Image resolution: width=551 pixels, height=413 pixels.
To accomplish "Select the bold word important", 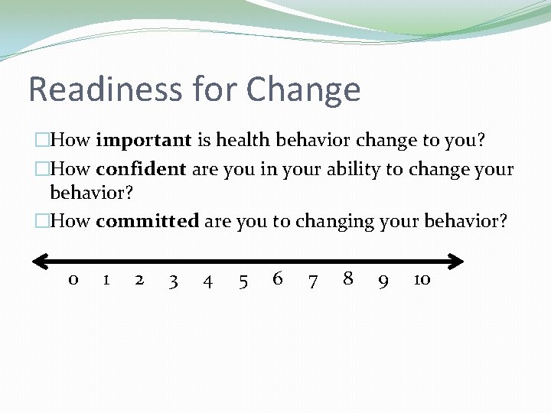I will pyautogui.click(x=144, y=141).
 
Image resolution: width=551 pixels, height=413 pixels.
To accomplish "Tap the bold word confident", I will pyautogui.click(x=142, y=169).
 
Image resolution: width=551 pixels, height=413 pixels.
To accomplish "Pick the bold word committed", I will pyautogui.click(x=148, y=221).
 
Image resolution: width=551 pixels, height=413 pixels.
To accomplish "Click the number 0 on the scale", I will pyautogui.click(x=73, y=279).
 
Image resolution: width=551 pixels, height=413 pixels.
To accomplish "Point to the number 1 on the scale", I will pyautogui.click(x=106, y=279).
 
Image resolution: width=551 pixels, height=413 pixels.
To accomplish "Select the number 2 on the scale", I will pyautogui.click(x=139, y=279).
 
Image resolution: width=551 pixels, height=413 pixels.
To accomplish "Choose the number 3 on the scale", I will pyautogui.click(x=173, y=281).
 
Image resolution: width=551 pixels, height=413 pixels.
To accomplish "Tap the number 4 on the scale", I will pyautogui.click(x=207, y=281).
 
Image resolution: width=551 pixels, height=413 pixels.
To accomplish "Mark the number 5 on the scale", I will pyautogui.click(x=243, y=281).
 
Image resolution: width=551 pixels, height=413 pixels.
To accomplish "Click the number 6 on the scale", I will pyautogui.click(x=277, y=278).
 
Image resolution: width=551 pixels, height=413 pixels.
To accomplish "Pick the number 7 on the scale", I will pyautogui.click(x=312, y=281).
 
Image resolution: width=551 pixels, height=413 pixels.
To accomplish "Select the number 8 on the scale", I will pyautogui.click(x=347, y=278).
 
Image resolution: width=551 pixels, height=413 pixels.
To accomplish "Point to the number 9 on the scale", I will pyautogui.click(x=383, y=281).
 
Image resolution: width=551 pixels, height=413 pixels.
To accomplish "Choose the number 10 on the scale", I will pyautogui.click(x=422, y=279).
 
